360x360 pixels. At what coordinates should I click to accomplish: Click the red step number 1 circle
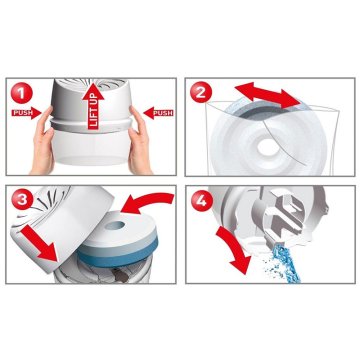[x=22, y=93]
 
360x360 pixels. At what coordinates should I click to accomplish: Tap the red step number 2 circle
[x=201, y=93]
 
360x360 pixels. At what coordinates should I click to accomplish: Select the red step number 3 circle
[x=22, y=200]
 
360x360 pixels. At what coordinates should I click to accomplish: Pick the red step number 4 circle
[x=201, y=200]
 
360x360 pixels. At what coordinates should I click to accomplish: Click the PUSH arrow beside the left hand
[x=27, y=113]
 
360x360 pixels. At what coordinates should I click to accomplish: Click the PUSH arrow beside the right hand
[x=158, y=113]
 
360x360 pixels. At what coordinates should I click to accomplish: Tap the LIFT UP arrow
[x=93, y=107]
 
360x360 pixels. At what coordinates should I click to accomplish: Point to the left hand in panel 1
[x=42, y=140]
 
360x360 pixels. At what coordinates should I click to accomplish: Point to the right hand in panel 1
[x=140, y=140]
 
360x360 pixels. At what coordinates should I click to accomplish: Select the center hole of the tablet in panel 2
[x=268, y=147]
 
